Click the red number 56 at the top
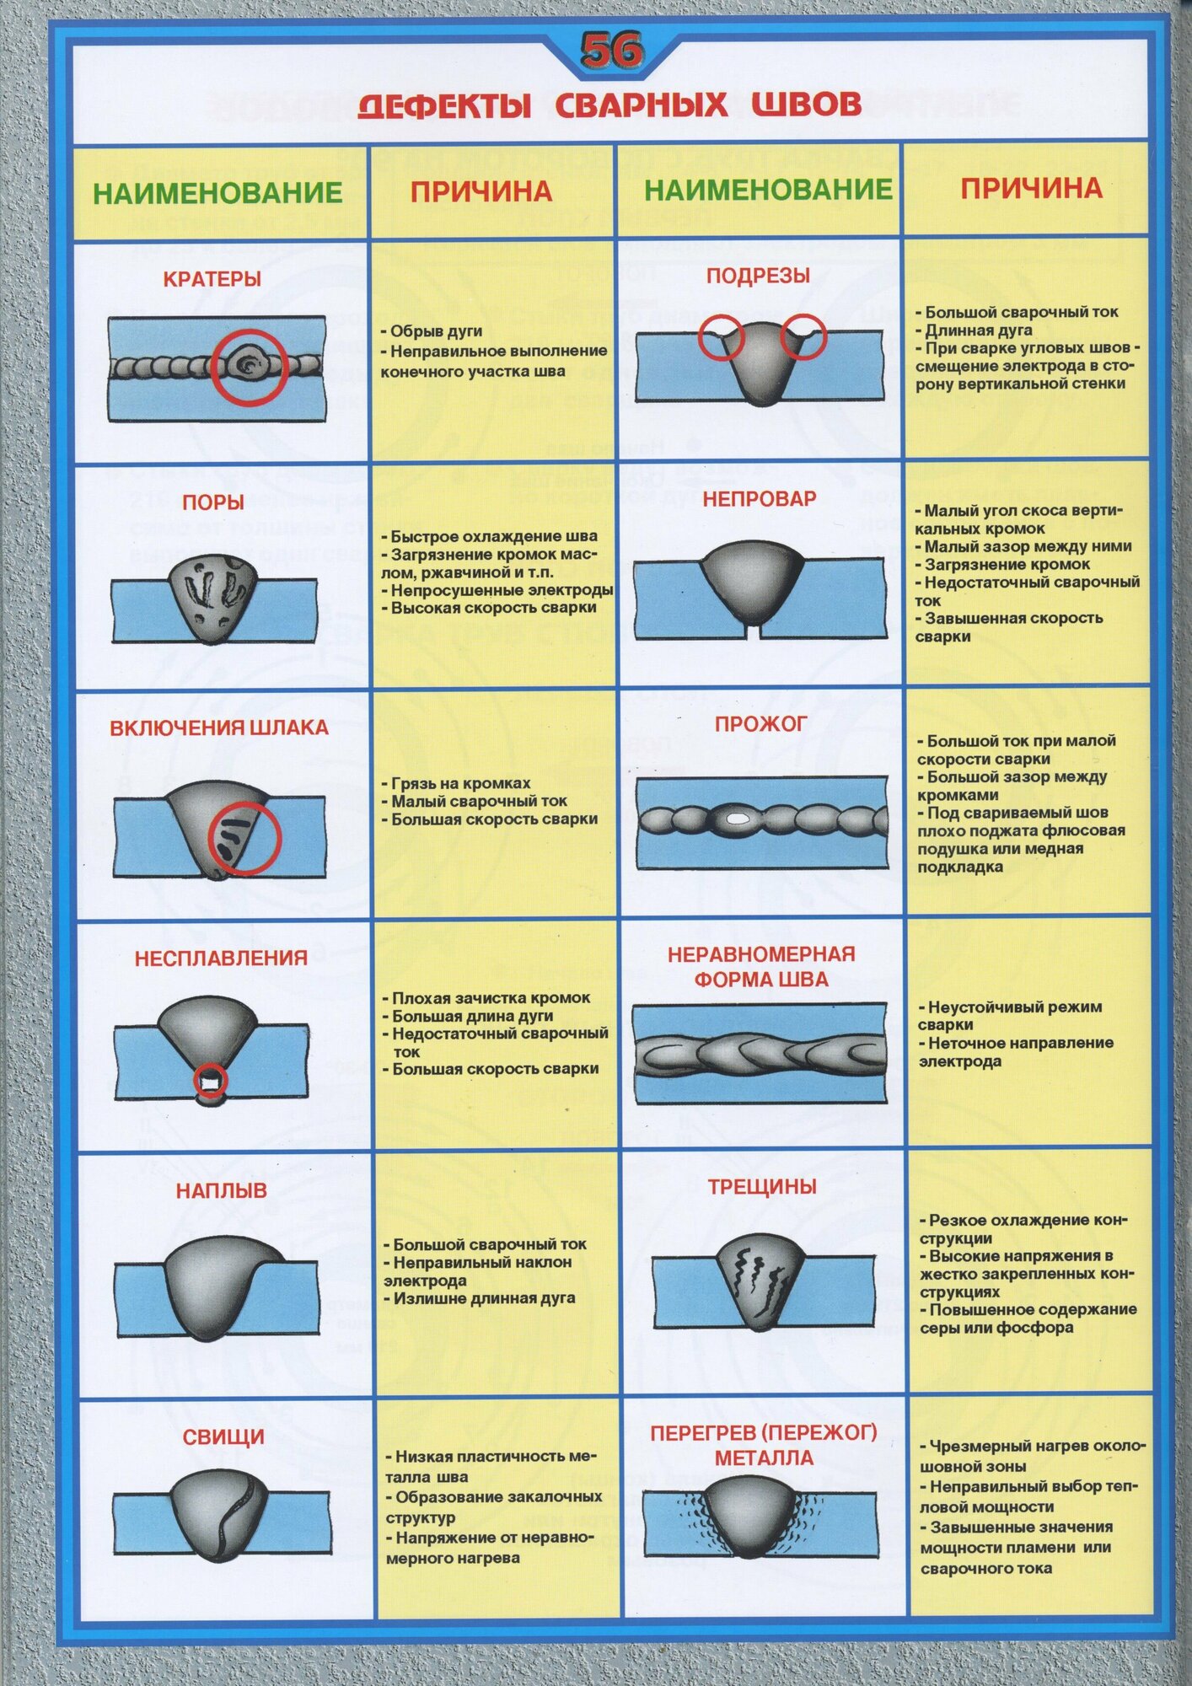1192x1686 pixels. (x=611, y=51)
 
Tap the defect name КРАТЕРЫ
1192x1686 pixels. (x=212, y=279)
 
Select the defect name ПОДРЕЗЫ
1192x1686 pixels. (x=758, y=276)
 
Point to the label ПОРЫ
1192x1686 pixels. (x=213, y=502)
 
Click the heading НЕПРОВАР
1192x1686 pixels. (x=760, y=499)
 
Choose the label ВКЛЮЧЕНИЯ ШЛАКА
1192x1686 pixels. (x=219, y=728)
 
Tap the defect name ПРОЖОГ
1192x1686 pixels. (x=760, y=724)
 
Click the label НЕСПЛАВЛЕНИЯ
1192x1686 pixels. (x=221, y=958)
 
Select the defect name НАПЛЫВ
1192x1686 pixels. (x=221, y=1190)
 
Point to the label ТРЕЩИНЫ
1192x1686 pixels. (x=762, y=1187)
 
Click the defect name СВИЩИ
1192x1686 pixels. (x=223, y=1437)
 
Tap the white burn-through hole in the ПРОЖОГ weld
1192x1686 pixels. (x=737, y=818)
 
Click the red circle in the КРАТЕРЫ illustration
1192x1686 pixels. (x=250, y=367)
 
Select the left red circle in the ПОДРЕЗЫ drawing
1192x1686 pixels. (x=721, y=338)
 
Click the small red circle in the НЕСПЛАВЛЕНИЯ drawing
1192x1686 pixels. (x=210, y=1079)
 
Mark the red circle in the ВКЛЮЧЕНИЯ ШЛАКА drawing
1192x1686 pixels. (x=244, y=838)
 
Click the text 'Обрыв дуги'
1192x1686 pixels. (x=436, y=331)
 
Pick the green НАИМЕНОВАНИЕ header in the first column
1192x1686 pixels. (x=217, y=193)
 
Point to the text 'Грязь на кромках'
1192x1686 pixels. (x=460, y=783)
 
